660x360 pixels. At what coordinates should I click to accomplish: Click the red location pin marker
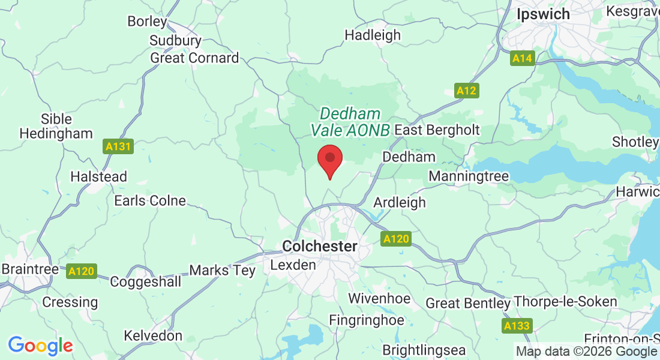point(329,160)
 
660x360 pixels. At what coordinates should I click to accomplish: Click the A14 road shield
point(523,58)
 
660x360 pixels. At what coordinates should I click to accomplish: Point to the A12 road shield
point(466,91)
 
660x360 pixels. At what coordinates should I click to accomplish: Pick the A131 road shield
point(117,146)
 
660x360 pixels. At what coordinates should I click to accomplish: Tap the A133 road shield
point(516,326)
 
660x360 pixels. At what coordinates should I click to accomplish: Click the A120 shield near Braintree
point(81,271)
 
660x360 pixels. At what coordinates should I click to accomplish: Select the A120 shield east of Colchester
point(396,239)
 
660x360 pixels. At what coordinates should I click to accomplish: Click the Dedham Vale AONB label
point(350,121)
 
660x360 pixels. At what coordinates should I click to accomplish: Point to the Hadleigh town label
point(373,35)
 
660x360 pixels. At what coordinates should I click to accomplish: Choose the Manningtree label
point(469,176)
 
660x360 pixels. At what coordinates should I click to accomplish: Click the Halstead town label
point(99,177)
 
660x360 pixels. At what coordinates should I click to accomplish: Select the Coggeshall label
point(146,281)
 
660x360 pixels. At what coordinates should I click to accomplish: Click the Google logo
point(40,346)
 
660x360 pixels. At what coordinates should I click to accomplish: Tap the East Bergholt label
point(437,130)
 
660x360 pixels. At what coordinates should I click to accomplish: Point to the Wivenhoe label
point(379,298)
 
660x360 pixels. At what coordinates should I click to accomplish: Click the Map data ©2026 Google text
point(586,351)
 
